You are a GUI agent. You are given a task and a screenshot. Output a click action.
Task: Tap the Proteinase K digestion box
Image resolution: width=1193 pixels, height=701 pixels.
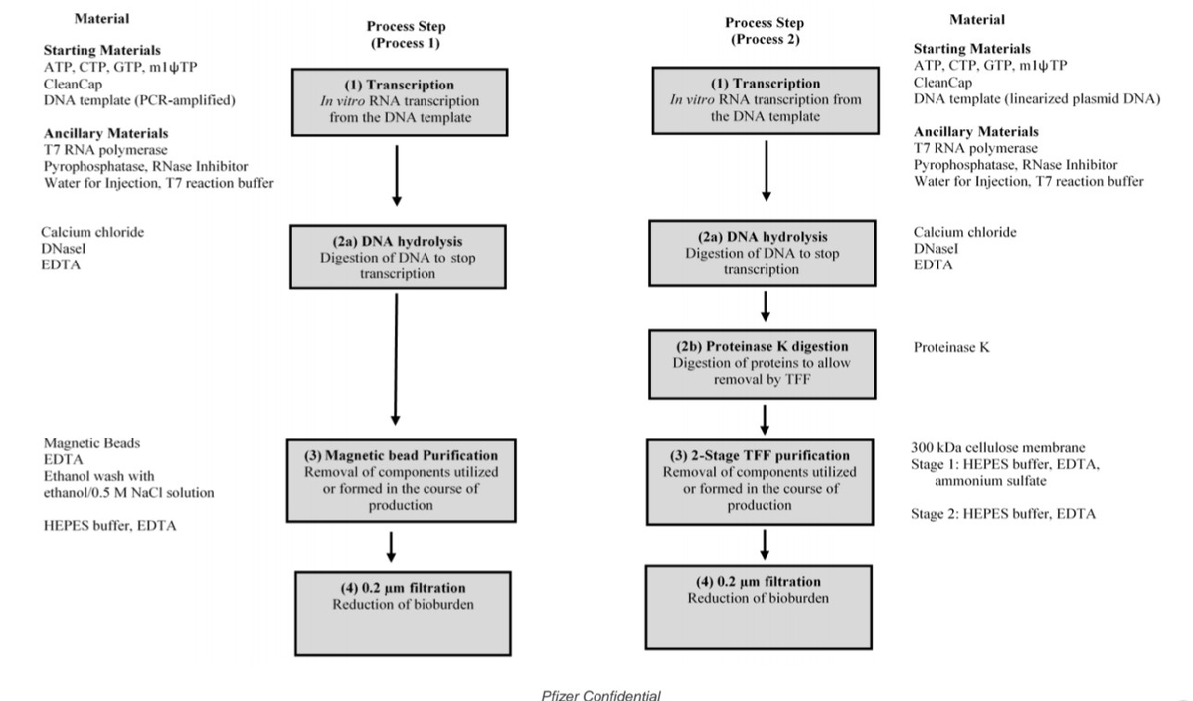[766, 364]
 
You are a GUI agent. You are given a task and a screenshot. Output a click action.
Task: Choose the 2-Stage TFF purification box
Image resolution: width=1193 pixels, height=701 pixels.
[766, 478]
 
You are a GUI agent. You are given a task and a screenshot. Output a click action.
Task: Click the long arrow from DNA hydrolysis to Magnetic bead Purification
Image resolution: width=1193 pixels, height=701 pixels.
[397, 358]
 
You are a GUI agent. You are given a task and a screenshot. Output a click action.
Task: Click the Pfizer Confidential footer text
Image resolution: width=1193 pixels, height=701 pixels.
[599, 694]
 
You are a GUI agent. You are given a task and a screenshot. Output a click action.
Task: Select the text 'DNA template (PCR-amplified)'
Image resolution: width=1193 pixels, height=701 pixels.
[139, 100]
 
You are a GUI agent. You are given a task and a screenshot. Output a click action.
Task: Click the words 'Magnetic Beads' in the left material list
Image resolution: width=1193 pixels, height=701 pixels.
[90, 443]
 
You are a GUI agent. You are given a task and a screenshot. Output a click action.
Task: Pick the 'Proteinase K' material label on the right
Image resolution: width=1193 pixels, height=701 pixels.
[951, 348]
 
